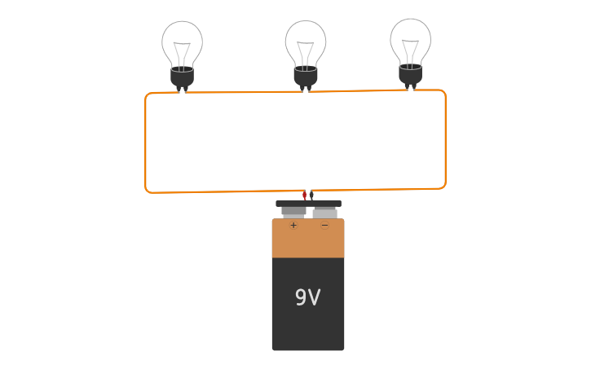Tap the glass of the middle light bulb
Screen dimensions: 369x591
point(306,39)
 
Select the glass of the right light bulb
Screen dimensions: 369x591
point(410,37)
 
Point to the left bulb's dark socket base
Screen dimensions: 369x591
point(182,77)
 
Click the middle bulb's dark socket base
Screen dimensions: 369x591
point(306,77)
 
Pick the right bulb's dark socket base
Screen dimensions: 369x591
point(410,75)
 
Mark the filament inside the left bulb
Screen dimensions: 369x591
point(182,53)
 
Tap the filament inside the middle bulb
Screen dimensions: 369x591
point(306,53)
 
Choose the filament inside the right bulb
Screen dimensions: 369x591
point(410,51)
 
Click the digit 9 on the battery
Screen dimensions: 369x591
point(301,298)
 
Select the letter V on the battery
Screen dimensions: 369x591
point(315,298)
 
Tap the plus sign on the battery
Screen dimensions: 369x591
point(293,225)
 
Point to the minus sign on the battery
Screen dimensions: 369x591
point(324,225)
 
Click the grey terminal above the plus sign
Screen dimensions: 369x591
point(293,212)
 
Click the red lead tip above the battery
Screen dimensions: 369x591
point(304,195)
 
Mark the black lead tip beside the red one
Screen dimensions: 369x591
point(311,195)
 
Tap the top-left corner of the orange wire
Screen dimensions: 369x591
point(148,96)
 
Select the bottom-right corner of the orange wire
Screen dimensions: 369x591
point(443,186)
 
